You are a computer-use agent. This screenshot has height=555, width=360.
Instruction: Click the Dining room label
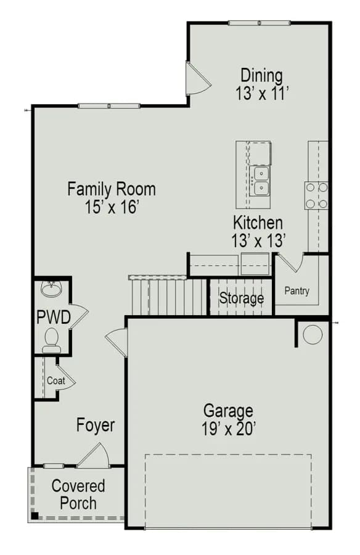tap(261, 76)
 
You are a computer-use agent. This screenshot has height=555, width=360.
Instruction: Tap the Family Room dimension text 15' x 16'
tap(111, 207)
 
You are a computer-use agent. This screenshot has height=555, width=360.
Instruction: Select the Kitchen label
tap(258, 223)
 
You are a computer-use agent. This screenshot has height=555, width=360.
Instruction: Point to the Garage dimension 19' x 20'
tap(229, 429)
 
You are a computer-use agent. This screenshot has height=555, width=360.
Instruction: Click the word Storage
tap(242, 298)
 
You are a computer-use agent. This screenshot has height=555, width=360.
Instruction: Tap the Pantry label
tap(297, 291)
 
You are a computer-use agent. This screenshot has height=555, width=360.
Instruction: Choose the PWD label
tap(54, 317)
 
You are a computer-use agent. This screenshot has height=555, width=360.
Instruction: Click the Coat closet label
tap(56, 380)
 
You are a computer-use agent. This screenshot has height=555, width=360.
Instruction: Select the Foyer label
tap(96, 425)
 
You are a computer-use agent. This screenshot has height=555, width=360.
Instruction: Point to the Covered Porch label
tap(78, 495)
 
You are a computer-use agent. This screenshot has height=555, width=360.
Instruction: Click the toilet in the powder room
tap(52, 340)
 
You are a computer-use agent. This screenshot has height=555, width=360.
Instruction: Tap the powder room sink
tap(52, 289)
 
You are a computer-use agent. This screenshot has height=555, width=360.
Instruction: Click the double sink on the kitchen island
tap(260, 181)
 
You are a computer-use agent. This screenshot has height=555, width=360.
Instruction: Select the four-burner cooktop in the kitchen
tap(316, 195)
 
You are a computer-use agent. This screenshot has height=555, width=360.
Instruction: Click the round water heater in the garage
tap(313, 335)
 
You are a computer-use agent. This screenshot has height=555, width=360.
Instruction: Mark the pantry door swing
tap(290, 263)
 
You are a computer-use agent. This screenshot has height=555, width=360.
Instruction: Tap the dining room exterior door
tap(197, 78)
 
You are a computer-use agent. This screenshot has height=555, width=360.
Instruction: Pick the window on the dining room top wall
tap(260, 23)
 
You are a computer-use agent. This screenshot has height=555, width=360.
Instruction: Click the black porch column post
tap(35, 516)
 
